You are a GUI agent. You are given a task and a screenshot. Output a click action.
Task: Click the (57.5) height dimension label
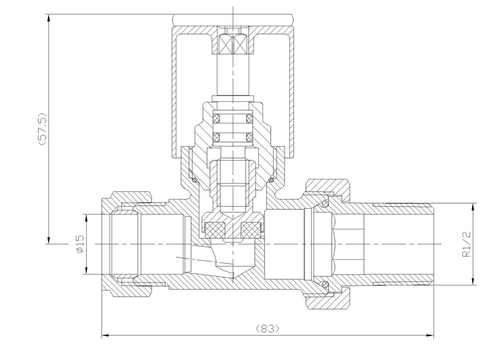point(42,129)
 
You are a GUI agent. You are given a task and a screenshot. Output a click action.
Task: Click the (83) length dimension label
point(268,328)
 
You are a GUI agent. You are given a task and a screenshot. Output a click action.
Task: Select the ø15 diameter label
point(80,244)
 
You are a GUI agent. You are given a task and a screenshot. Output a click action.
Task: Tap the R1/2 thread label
point(467,244)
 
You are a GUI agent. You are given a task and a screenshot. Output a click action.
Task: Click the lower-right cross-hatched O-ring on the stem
point(250,137)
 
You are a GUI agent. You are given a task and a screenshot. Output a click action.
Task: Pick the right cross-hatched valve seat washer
point(251,230)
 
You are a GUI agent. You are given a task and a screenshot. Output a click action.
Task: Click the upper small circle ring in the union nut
point(325,204)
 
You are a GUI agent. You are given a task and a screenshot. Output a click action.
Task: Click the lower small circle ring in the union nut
point(325,284)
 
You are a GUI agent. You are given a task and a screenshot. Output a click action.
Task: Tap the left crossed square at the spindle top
point(225,44)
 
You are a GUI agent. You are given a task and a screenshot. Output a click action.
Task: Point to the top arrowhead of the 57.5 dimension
point(49,18)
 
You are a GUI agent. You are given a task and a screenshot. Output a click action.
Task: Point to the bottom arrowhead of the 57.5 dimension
point(49,240)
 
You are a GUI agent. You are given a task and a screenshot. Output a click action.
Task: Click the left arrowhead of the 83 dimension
point(105,336)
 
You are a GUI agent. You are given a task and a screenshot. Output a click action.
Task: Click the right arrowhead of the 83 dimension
point(430,336)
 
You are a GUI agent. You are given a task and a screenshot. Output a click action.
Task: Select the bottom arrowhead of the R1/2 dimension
point(473,281)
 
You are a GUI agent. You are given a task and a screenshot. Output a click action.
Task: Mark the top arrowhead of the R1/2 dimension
point(473,207)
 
